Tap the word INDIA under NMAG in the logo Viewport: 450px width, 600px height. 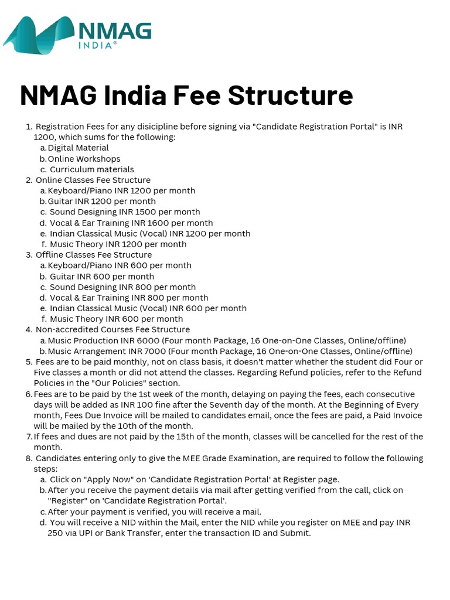click(x=97, y=45)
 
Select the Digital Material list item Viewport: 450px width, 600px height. click(x=78, y=148)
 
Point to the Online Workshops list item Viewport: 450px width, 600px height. click(x=84, y=159)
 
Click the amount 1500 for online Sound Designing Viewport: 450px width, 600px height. click(x=146, y=212)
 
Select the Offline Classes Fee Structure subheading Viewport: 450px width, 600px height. click(x=93, y=255)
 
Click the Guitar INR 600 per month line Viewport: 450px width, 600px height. click(x=102, y=277)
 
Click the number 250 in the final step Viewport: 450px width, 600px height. click(x=55, y=533)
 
